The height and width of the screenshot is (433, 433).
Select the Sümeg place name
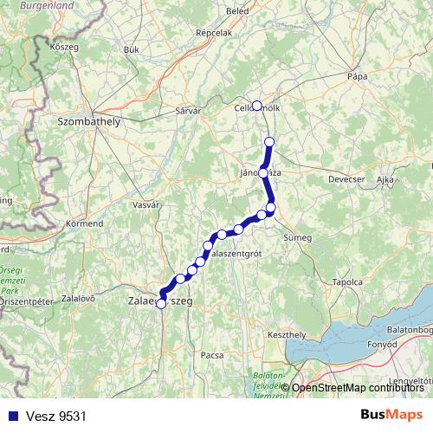click(x=297, y=236)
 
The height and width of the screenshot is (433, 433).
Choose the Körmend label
click(x=84, y=223)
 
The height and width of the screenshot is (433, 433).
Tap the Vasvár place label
click(x=146, y=204)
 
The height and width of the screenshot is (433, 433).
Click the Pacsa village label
click(x=212, y=354)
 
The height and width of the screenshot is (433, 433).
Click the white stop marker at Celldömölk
click(x=256, y=105)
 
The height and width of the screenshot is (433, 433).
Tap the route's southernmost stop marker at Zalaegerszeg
click(x=161, y=303)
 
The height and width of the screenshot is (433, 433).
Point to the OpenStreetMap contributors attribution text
click(x=359, y=388)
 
